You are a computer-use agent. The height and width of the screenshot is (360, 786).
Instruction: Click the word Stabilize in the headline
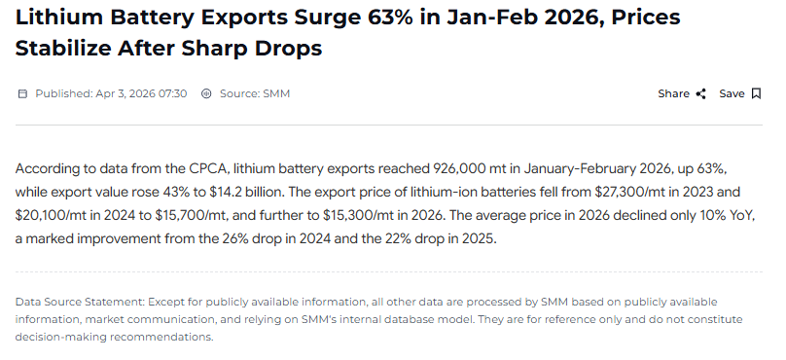pos(64,48)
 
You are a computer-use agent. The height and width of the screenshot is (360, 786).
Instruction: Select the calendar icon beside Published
pos(22,93)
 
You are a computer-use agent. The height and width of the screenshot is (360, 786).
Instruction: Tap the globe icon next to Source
pos(205,93)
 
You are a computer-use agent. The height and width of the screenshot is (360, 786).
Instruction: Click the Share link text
pos(673,93)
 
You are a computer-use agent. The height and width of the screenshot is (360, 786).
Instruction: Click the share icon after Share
pos(700,93)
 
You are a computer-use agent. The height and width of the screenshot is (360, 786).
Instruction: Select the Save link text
pos(732,93)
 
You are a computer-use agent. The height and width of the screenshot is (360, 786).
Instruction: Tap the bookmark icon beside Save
pos(756,93)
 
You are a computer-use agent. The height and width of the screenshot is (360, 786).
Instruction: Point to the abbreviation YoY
pos(743,215)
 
